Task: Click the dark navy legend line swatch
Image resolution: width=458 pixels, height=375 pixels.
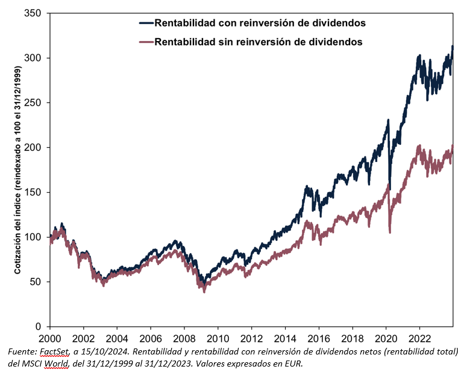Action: (146, 23)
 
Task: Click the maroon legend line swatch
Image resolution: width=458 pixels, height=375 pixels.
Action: (146, 42)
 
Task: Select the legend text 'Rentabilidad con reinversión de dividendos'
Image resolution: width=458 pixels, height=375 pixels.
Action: (260, 23)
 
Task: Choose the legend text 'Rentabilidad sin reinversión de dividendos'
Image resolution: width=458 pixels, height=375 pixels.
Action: (259, 42)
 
